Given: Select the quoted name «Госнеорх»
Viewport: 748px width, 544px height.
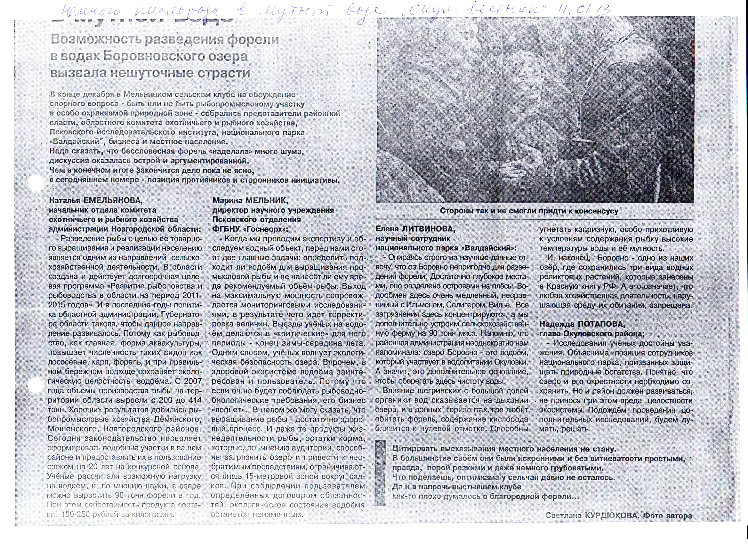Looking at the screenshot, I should pyautogui.click(x=264, y=229).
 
